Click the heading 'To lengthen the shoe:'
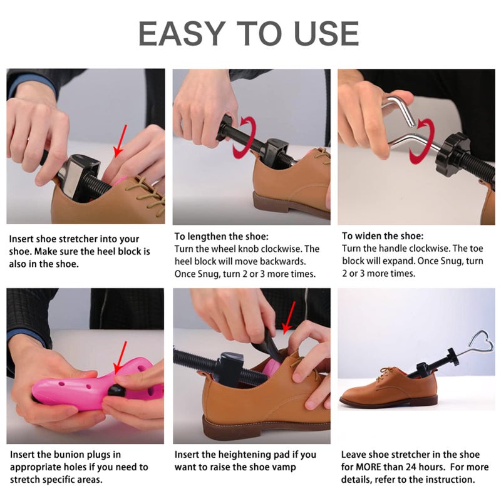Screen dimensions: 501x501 coord(221,237)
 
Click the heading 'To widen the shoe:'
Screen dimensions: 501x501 coord(382,236)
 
